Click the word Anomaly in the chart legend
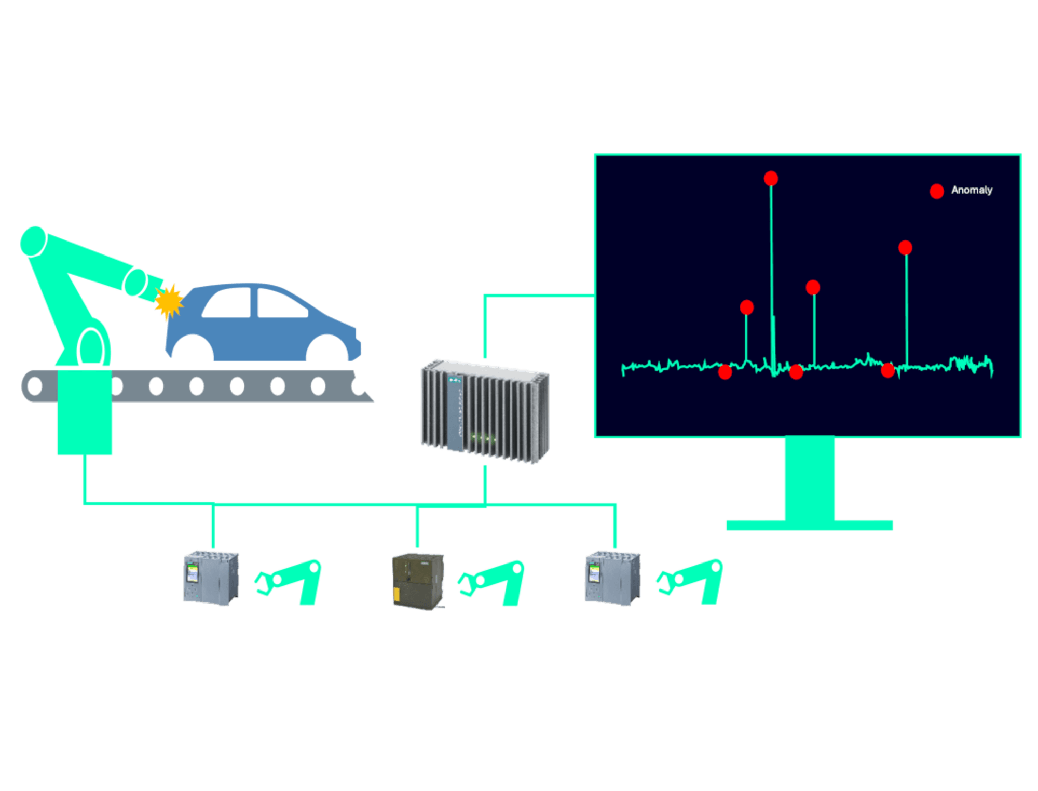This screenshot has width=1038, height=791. point(972,190)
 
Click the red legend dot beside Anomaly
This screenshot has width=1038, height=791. point(936,191)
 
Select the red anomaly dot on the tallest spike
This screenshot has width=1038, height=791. point(771,179)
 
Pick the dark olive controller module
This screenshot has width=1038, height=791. point(418,580)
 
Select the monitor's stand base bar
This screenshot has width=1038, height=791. point(809,525)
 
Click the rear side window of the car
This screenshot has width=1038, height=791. point(228,304)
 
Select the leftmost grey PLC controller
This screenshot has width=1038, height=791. point(211,578)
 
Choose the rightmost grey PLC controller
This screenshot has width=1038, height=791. point(612,578)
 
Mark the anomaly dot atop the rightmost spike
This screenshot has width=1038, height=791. point(905,248)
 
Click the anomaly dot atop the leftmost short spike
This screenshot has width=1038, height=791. point(746,307)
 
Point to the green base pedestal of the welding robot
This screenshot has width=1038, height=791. point(85,413)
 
